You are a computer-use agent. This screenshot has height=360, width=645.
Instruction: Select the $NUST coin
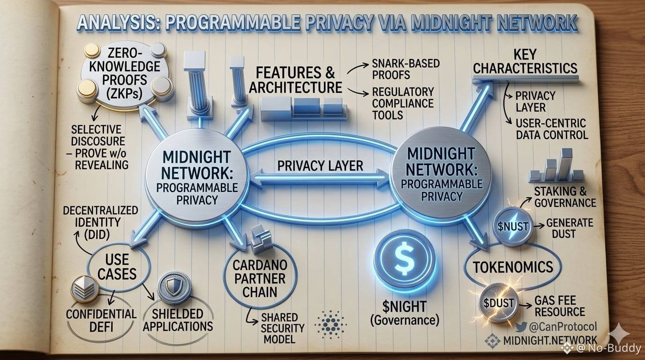tap(512, 226)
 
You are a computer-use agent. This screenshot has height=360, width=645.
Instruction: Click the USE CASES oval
tap(117, 267)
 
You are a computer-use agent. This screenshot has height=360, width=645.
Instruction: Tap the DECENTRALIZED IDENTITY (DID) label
tap(100, 221)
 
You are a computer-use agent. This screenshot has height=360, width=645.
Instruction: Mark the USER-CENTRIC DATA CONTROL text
tap(551, 129)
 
